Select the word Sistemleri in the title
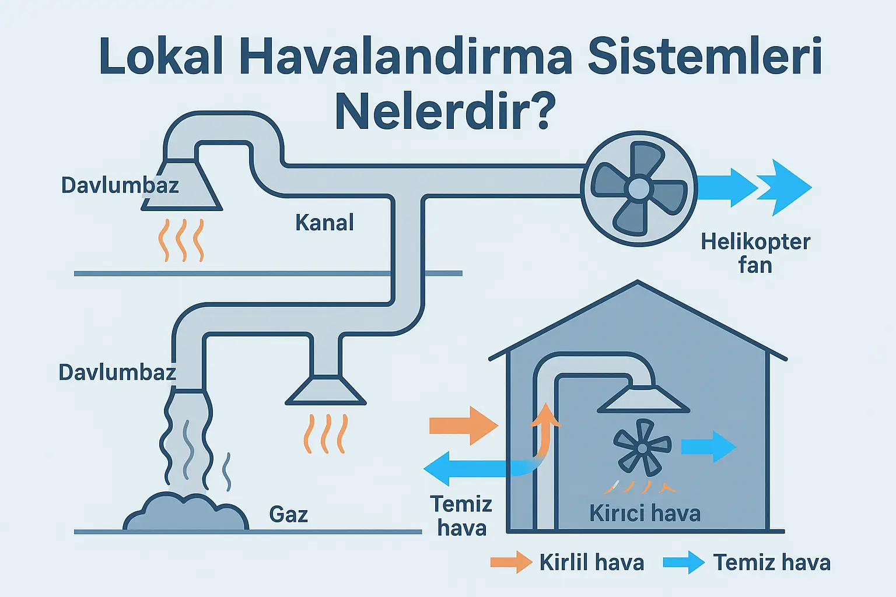tap(705, 57)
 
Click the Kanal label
tap(324, 223)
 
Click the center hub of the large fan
tap(639, 188)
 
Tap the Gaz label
tap(288, 514)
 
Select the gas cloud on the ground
tap(186, 512)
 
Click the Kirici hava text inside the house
tap(645, 514)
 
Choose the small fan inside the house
tap(642, 447)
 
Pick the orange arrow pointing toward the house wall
tap(463, 426)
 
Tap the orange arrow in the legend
tap(511, 563)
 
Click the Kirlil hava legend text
tap(591, 563)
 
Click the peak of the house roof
tap(638, 284)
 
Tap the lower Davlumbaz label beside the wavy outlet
tap(117, 373)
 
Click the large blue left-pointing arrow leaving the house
tap(467, 468)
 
